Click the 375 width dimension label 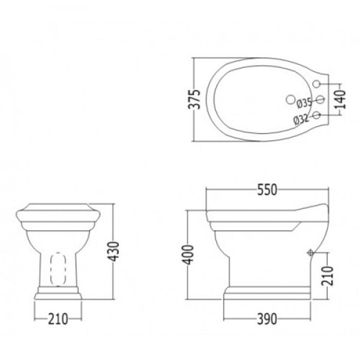[x=194, y=100]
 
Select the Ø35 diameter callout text [x=304, y=103]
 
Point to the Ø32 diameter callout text [x=301, y=119]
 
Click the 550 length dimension [x=267, y=190]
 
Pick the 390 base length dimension [x=267, y=319]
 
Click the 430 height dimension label [x=113, y=251]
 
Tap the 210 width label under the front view [x=58, y=319]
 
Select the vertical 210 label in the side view [x=327, y=276]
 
